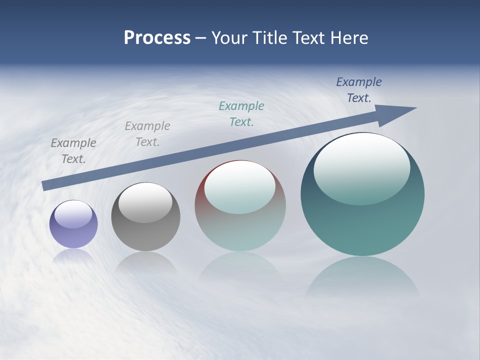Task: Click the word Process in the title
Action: click(157, 38)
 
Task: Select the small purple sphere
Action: click(73, 224)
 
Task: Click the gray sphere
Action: click(145, 217)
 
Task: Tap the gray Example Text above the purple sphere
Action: click(73, 151)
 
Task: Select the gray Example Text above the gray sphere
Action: click(147, 134)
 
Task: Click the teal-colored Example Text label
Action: click(241, 114)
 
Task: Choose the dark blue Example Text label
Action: click(359, 90)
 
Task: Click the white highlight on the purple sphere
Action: click(73, 213)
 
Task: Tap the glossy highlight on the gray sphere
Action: click(145, 202)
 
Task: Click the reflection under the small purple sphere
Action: click(73, 255)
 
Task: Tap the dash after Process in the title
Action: click(200, 38)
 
